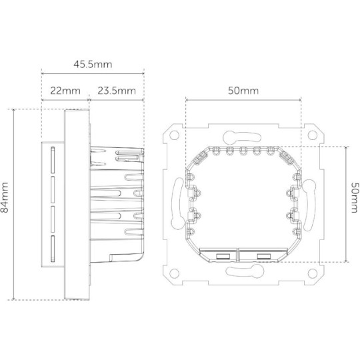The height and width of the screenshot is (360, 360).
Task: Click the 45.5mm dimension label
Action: coord(92,65)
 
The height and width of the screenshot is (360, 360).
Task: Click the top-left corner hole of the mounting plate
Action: coord(175,133)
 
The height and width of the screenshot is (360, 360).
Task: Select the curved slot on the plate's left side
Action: coord(177,203)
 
